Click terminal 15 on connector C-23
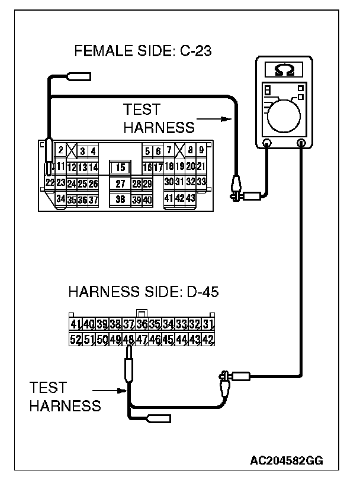(120, 167)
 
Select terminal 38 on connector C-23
(120, 199)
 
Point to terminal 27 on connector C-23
(120, 184)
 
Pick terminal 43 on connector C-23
(190, 198)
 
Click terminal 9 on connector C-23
(201, 151)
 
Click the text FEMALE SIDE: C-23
(143, 52)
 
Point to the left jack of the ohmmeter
(266, 143)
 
